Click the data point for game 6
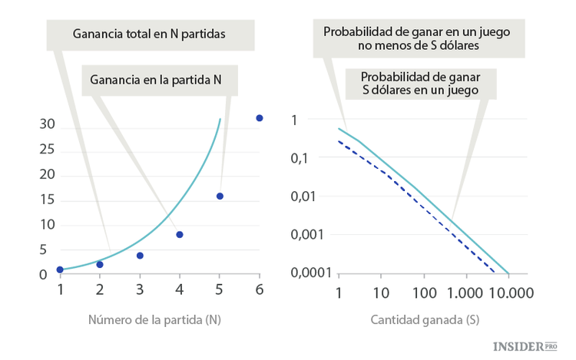coord(260,118)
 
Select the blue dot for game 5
coord(220,197)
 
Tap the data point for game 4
coord(180,234)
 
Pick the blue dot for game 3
coord(140,256)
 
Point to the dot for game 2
coord(100,264)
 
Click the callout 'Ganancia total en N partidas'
coord(149,35)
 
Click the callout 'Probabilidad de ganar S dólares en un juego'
coord(420,84)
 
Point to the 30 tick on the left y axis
coord(47,124)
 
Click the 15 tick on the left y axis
coord(47,200)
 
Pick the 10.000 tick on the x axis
coord(510,292)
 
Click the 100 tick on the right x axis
coord(424,292)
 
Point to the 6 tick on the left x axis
coord(260,290)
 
